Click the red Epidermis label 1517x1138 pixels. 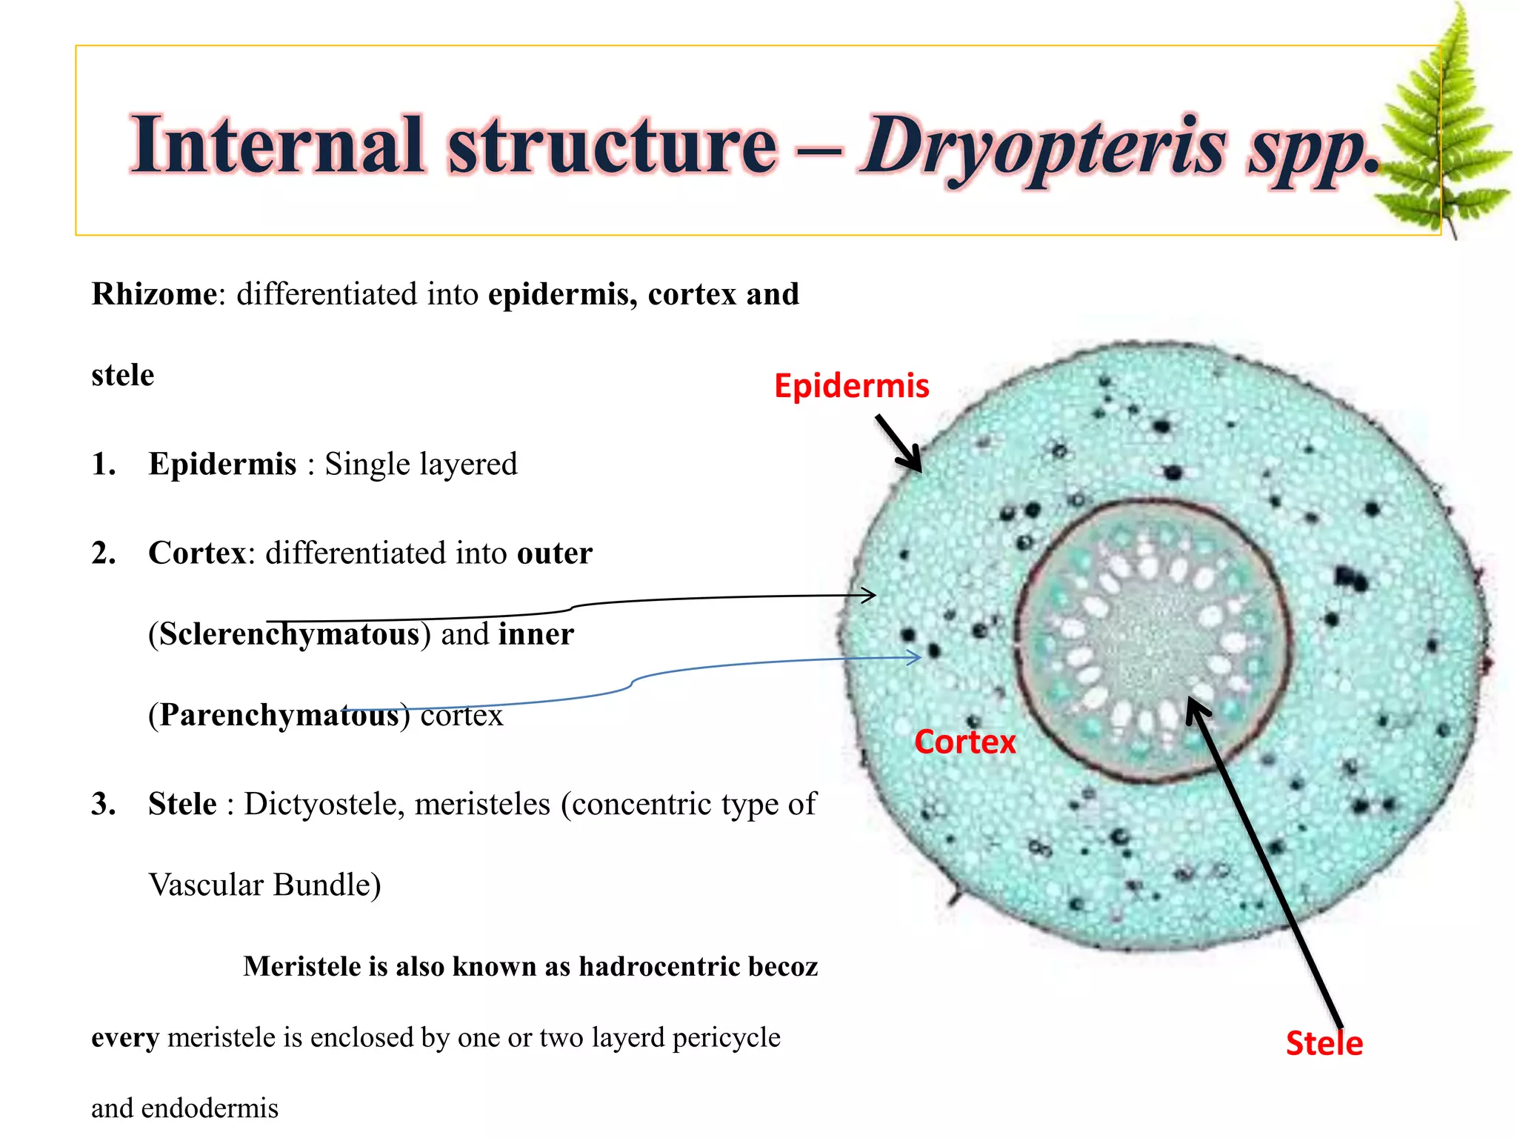click(851, 386)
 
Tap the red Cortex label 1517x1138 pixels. click(964, 742)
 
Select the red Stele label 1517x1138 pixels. click(1324, 1043)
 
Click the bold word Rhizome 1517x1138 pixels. click(154, 294)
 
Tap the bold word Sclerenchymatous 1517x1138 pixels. click(290, 634)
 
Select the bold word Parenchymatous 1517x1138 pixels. click(279, 715)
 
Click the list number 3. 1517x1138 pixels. click(104, 804)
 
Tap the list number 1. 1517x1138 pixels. click(104, 465)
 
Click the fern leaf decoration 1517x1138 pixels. click(1444, 126)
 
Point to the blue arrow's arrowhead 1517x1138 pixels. click(916, 656)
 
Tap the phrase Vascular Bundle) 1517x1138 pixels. click(264, 885)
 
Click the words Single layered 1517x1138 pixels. click(421, 465)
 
